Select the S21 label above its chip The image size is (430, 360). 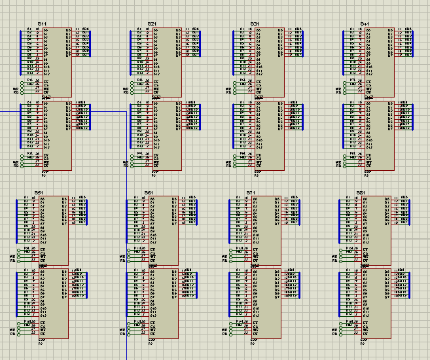point(152,24)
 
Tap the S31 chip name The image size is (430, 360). point(255,24)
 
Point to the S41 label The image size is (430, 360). point(365,24)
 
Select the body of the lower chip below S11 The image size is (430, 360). point(58,137)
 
